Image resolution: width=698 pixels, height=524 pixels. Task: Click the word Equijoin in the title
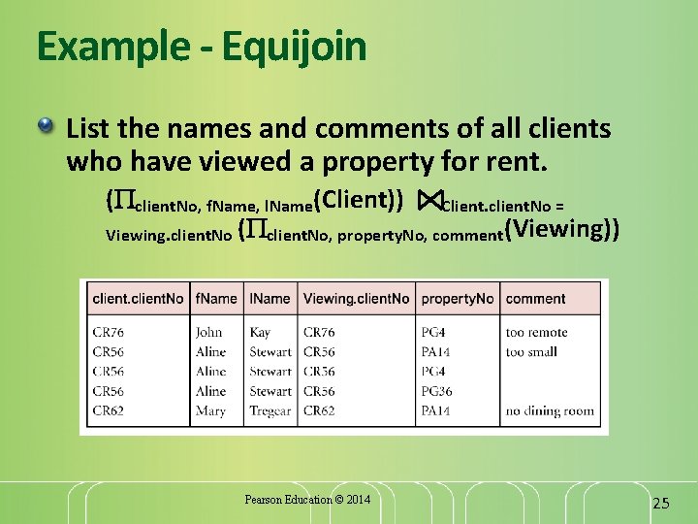(x=294, y=46)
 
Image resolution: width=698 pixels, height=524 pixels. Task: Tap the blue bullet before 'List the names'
(x=47, y=126)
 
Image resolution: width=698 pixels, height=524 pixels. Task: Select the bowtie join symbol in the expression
(x=428, y=201)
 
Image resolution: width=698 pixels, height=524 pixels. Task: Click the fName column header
(x=215, y=299)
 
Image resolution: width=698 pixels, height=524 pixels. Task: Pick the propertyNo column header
(x=458, y=299)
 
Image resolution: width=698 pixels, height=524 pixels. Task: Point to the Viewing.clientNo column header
(x=356, y=299)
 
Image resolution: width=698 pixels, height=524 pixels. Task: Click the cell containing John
(x=209, y=333)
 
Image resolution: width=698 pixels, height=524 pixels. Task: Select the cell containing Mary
(x=210, y=410)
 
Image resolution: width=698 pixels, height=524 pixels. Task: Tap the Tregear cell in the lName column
(x=270, y=410)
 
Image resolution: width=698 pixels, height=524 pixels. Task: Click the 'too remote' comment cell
(x=536, y=333)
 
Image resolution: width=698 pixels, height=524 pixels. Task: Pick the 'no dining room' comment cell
(x=549, y=410)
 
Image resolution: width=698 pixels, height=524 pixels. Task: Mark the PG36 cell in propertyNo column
(x=436, y=391)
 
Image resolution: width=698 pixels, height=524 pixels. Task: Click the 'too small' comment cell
(x=530, y=352)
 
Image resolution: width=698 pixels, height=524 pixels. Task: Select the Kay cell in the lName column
(x=260, y=333)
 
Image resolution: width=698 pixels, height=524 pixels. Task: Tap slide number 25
(x=661, y=503)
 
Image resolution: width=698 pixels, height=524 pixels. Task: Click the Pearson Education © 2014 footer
(x=307, y=500)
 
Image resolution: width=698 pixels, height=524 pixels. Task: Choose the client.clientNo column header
(x=138, y=299)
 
